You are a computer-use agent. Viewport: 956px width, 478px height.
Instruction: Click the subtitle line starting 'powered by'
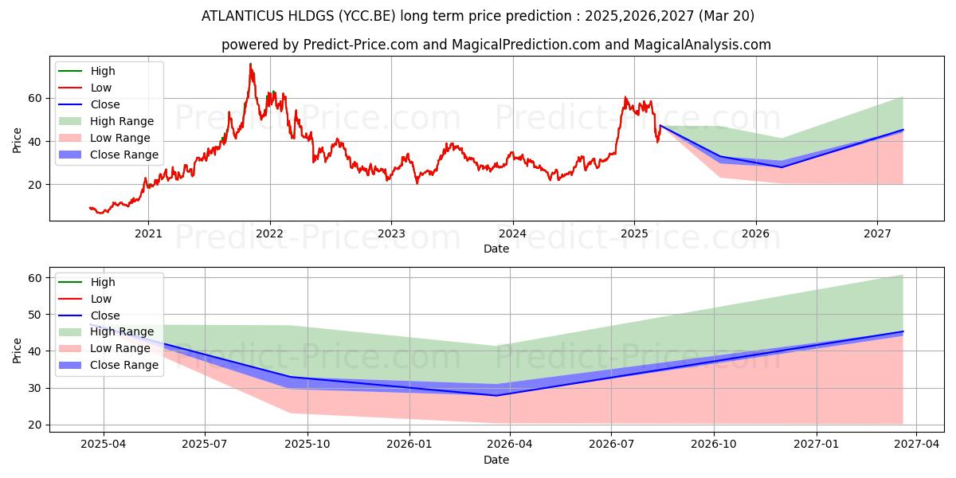tap(496, 45)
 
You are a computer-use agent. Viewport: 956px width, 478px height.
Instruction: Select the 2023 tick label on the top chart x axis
tap(390, 233)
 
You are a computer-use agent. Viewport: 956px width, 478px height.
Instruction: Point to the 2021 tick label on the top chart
tap(148, 233)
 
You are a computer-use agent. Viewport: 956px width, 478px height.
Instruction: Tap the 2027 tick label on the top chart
tap(877, 233)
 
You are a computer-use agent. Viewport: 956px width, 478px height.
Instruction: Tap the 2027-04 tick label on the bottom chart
tap(916, 445)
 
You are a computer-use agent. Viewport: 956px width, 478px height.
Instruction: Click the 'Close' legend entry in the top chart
tap(105, 104)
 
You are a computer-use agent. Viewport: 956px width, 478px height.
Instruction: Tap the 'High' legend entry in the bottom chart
tap(103, 282)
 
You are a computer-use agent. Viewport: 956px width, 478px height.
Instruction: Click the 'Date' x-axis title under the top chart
tap(496, 249)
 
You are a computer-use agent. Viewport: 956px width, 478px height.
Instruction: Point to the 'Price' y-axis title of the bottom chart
tap(18, 351)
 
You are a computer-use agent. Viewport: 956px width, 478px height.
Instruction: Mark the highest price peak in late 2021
tap(250, 65)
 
